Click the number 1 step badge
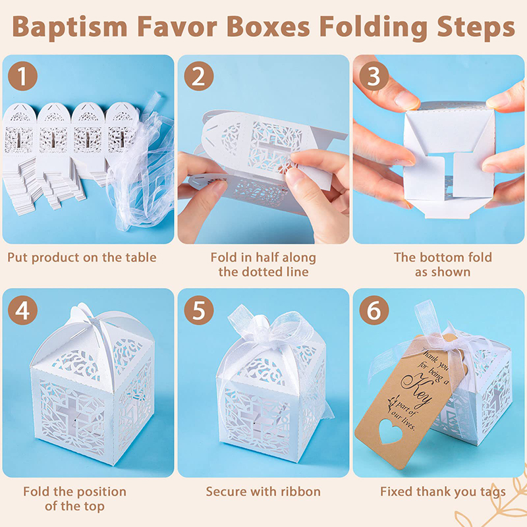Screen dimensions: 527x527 [22, 76]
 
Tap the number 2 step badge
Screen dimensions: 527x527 [199, 76]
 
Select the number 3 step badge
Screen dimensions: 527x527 [374, 76]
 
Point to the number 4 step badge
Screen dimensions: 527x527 [22, 310]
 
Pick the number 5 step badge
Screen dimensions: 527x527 [199, 310]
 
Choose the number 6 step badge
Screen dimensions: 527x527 [374, 310]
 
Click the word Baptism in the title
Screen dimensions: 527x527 [70, 28]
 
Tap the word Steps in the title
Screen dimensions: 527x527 [476, 28]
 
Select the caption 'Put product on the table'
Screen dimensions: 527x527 [82, 258]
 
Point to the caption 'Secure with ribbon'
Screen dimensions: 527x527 [263, 491]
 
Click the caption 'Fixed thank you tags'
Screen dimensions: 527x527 [443, 492]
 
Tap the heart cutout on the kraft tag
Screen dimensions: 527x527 [391, 431]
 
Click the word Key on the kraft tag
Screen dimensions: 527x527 [417, 387]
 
